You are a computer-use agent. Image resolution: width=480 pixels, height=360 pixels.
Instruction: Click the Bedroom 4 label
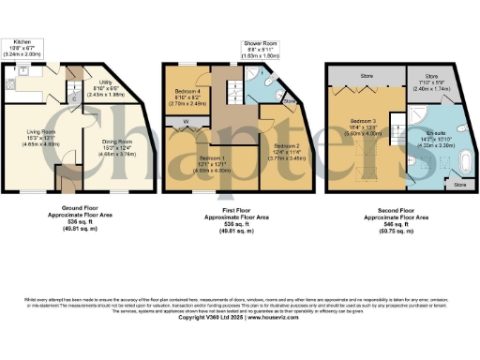pos(190,97)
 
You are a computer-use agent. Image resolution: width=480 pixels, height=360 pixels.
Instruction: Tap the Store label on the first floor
pos(288,101)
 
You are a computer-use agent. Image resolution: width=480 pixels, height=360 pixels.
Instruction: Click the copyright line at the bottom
pos(240,317)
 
